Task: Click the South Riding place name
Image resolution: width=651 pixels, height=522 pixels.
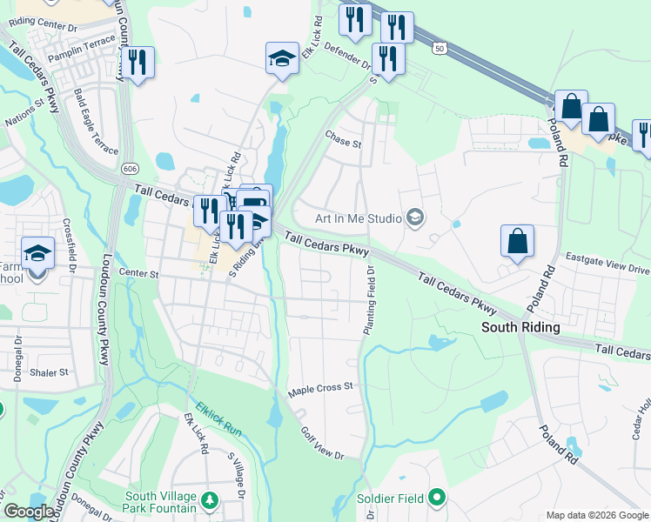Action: point(520,327)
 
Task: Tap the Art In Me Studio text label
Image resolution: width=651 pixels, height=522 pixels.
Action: point(351,217)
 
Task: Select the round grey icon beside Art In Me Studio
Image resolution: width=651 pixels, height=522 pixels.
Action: point(414,217)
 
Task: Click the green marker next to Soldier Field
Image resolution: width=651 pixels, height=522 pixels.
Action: point(436,499)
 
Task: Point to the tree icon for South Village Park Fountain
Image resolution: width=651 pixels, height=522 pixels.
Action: point(209,500)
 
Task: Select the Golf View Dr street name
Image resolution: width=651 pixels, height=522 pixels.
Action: point(322,443)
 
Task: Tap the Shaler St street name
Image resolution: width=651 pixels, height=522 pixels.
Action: point(49,372)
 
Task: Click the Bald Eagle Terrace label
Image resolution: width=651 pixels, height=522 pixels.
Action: point(96,122)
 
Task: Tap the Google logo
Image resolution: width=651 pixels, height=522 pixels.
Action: point(29,512)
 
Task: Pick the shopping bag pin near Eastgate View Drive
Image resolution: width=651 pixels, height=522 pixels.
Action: point(517,241)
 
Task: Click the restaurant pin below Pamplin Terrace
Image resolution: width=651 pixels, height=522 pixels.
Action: point(138,63)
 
